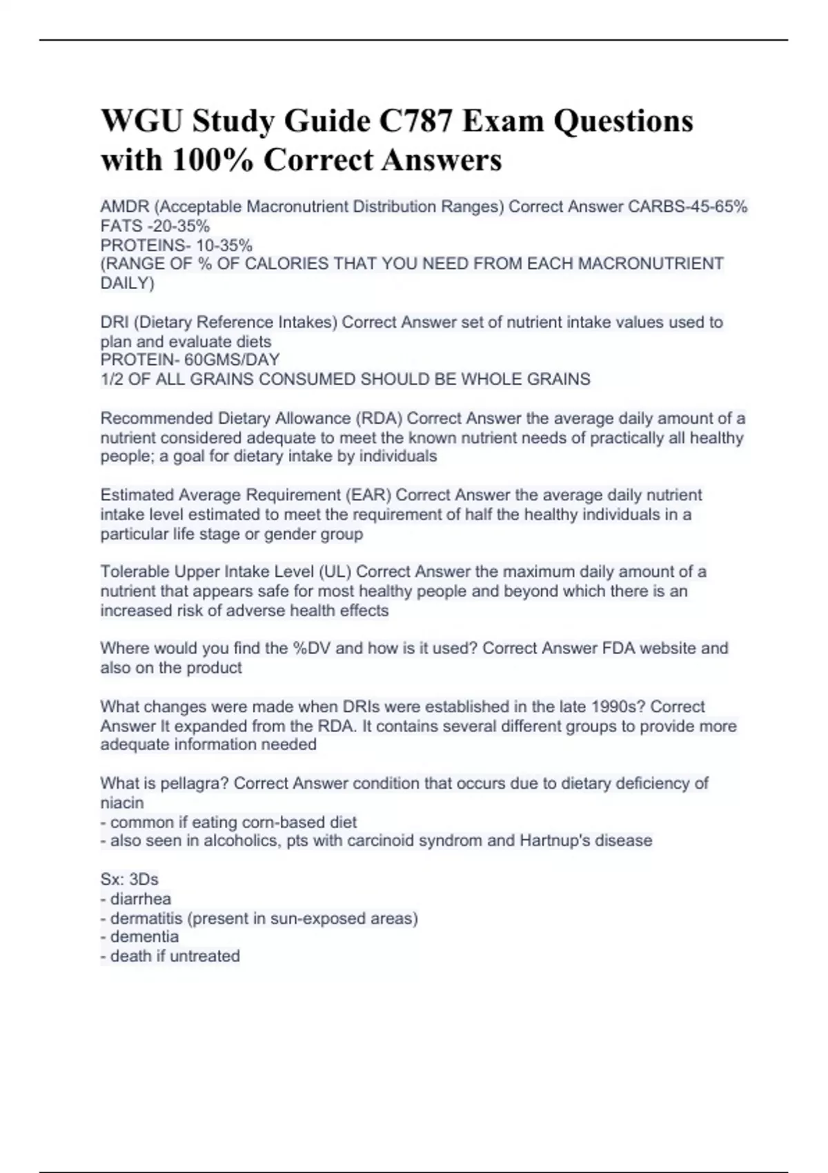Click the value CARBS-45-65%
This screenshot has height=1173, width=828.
click(687, 206)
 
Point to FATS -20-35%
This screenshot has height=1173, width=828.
click(155, 226)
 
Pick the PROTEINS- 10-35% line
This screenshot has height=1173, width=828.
click(177, 245)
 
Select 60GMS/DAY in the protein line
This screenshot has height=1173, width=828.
click(232, 360)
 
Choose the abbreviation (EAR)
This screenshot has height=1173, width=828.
click(366, 495)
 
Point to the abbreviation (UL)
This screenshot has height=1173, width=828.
click(335, 571)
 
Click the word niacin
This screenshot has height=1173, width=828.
click(122, 802)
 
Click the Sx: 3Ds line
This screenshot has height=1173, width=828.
click(130, 879)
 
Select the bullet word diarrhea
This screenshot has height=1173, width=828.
click(141, 898)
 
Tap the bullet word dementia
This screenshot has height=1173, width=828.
click(144, 936)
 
